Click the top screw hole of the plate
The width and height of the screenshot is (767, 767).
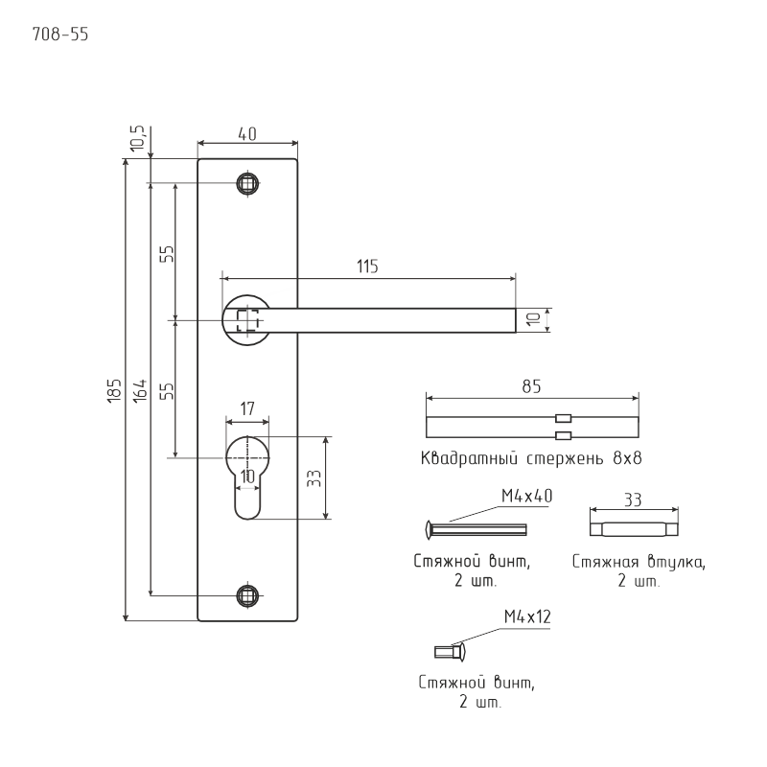point(248,183)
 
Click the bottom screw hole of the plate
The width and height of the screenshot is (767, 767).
point(248,595)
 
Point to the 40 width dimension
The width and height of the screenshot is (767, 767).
point(246,135)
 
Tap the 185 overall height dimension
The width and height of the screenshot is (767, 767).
point(113,390)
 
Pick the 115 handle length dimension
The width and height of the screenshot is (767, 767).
point(367,267)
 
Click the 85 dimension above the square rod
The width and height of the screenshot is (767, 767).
point(532,386)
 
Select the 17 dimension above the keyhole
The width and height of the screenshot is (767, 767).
point(246,408)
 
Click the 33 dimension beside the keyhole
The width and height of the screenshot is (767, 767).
point(314,478)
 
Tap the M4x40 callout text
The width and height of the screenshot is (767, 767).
point(526,496)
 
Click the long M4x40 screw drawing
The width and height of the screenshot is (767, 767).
point(476,528)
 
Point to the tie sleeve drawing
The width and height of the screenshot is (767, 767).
point(634,527)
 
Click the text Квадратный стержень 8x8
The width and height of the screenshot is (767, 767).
point(530,458)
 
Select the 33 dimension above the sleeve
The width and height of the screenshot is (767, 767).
point(633,500)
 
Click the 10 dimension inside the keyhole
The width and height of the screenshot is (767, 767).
point(247,476)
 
